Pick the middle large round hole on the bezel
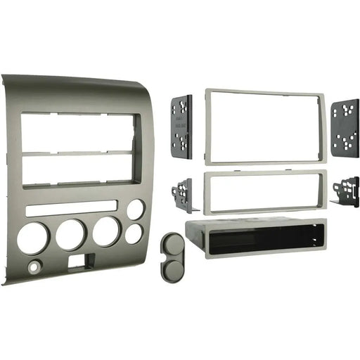(x=71, y=234)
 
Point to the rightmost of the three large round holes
(x=106, y=231)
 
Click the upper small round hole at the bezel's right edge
(x=135, y=210)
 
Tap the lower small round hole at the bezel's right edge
(x=133, y=233)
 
